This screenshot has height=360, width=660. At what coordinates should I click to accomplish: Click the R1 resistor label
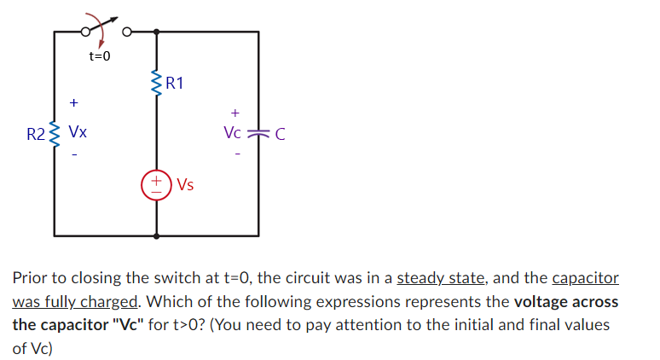[x=176, y=84]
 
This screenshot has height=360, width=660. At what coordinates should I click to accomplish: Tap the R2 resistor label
[x=36, y=134]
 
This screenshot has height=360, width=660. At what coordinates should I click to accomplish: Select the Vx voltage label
[x=77, y=133]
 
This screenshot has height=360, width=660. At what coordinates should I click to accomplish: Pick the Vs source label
[x=184, y=184]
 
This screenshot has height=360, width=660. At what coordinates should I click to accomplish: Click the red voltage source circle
[x=157, y=184]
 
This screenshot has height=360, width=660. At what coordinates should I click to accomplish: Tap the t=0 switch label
[x=100, y=56]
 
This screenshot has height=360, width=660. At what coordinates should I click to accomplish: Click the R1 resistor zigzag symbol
[x=157, y=84]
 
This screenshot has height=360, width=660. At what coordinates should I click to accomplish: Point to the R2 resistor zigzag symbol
[x=55, y=134]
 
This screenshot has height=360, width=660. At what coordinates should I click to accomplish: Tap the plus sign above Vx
[x=74, y=103]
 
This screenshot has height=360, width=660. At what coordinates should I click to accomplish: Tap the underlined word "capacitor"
[x=585, y=278]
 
